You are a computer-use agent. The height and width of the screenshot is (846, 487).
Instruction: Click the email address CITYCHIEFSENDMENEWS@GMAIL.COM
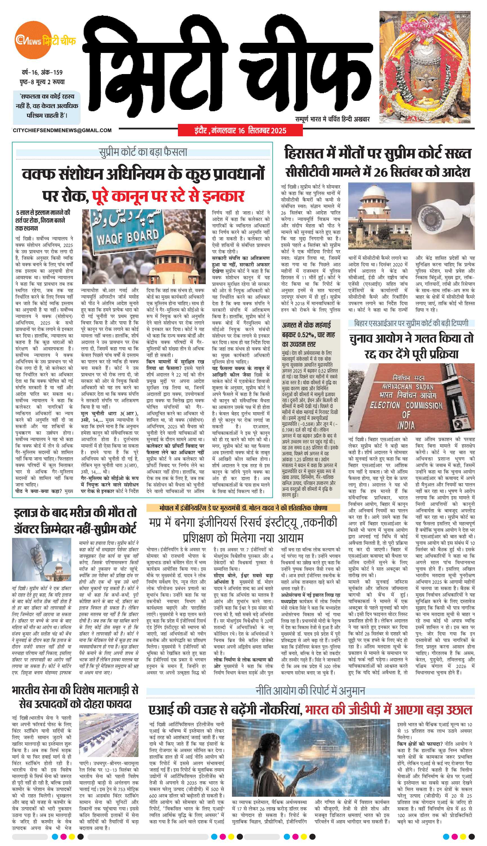tap(62, 130)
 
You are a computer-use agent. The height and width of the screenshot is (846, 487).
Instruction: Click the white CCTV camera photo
tap(443, 215)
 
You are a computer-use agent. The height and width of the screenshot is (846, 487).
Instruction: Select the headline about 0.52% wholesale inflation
tap(309, 334)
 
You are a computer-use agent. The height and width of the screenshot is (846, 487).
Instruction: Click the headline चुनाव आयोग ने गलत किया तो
tap(411, 339)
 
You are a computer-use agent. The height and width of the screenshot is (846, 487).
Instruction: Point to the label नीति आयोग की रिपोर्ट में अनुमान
tap(310, 691)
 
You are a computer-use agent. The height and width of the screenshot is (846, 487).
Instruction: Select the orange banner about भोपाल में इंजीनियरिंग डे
tap(243, 508)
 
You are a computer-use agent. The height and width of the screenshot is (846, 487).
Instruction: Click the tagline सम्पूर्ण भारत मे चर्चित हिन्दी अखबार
tap(332, 119)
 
